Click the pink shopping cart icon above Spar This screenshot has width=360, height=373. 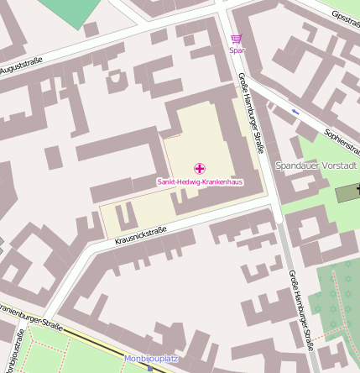[x=236, y=39]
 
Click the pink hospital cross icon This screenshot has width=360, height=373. [x=199, y=169]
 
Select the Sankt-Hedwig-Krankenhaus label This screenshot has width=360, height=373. [x=199, y=181]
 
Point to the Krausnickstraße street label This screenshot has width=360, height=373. [x=140, y=234]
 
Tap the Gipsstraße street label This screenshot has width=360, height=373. [x=346, y=18]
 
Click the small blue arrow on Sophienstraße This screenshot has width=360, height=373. [x=295, y=111]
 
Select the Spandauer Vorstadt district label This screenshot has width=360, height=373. [x=316, y=165]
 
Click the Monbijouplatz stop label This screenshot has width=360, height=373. [x=151, y=359]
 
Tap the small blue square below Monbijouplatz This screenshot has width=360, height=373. [x=150, y=368]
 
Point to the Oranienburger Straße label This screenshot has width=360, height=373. [x=34, y=320]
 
